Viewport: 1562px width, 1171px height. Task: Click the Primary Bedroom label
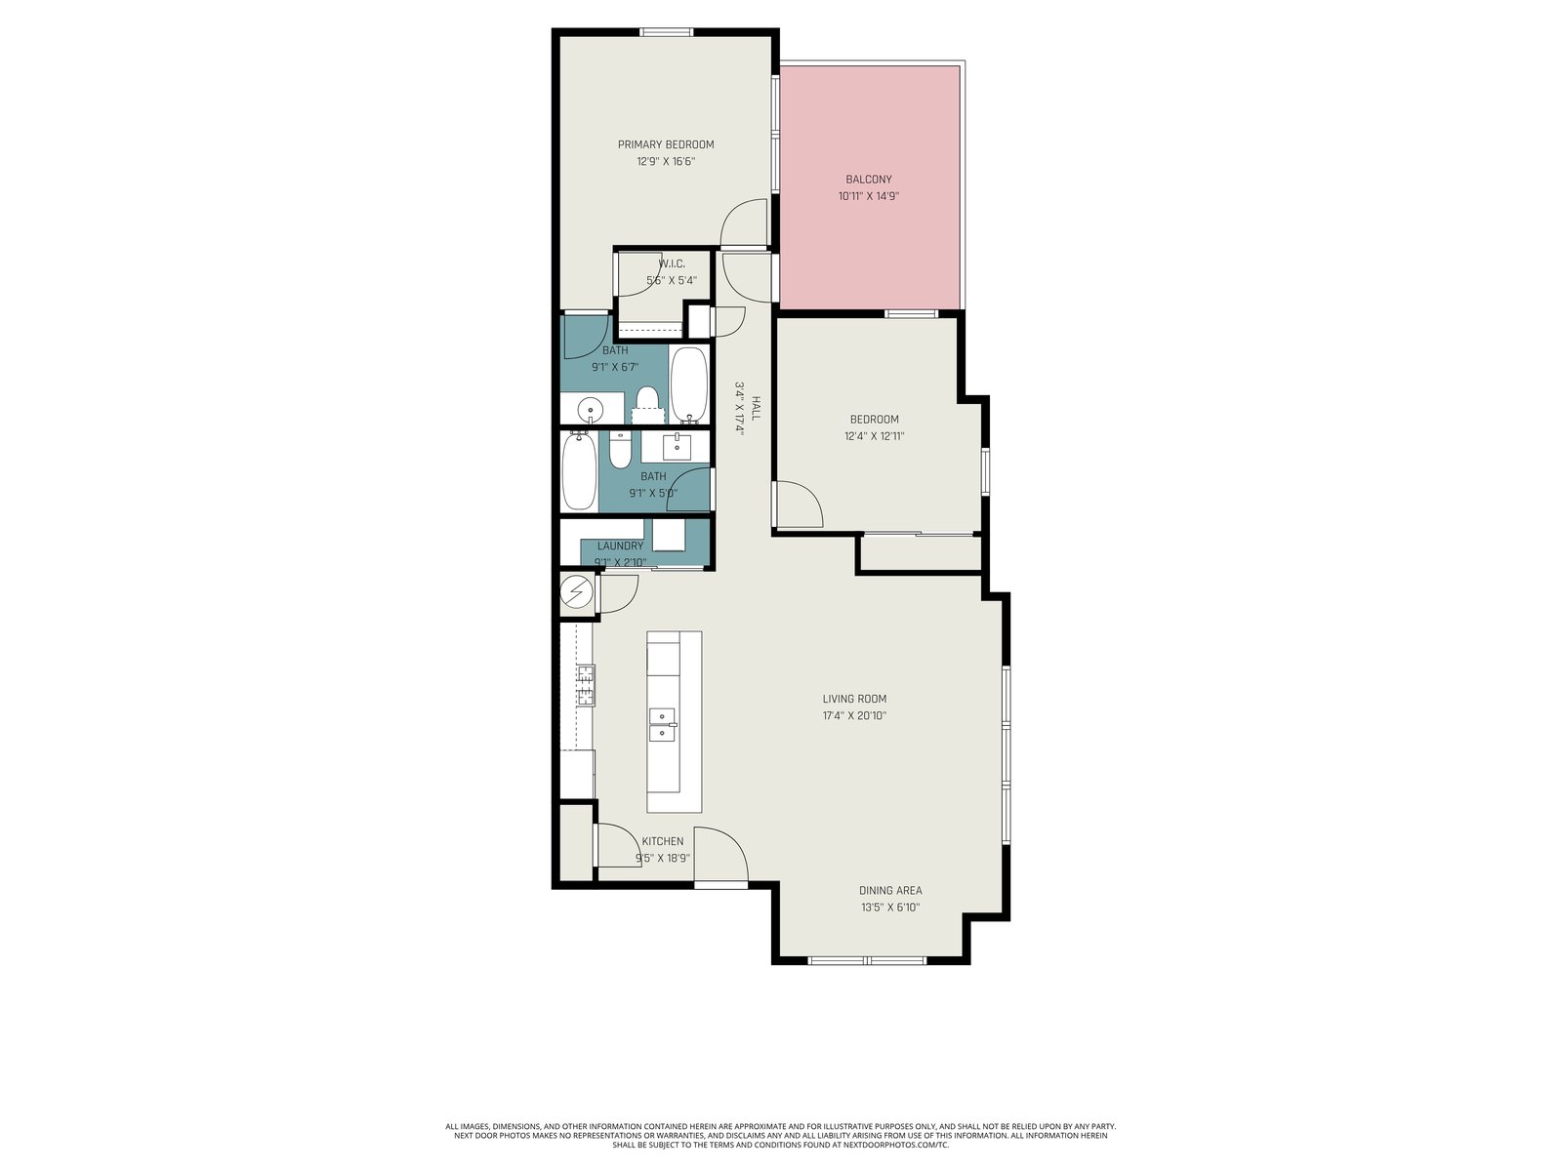(x=666, y=144)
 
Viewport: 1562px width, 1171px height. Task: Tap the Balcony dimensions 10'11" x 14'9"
(x=868, y=196)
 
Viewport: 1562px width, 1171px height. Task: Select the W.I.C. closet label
(x=671, y=263)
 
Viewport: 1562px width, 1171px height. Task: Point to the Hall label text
(x=756, y=409)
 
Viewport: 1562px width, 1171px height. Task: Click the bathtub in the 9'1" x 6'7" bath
(x=689, y=384)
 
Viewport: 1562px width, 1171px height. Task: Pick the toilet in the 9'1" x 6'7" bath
(x=647, y=405)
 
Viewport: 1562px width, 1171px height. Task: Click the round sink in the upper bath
(x=591, y=410)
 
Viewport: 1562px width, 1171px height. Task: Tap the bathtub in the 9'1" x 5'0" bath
(x=579, y=471)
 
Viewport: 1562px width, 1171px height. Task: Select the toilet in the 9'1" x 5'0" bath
(x=620, y=450)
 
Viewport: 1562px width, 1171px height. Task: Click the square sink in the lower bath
(x=677, y=448)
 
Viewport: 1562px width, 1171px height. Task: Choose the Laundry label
(x=620, y=546)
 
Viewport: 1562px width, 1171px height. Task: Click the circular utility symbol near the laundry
(x=576, y=590)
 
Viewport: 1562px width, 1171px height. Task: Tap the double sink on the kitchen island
(x=663, y=725)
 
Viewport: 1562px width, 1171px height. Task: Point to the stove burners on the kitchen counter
(x=585, y=685)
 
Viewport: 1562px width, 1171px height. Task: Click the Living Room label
(x=854, y=699)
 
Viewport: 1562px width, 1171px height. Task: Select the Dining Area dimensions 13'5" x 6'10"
(x=890, y=908)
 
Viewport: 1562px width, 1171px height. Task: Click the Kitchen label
(x=663, y=841)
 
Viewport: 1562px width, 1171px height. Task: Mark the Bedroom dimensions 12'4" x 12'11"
(x=874, y=436)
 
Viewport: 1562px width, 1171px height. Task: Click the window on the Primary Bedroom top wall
(x=666, y=32)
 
